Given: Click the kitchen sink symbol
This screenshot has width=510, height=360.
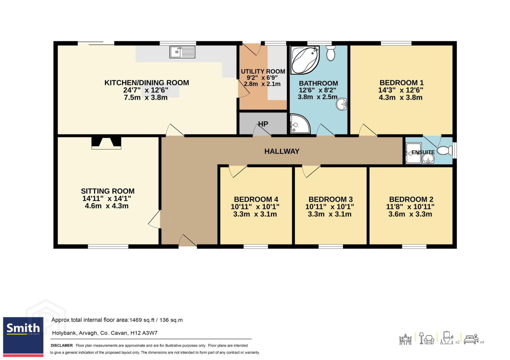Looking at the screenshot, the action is point(182,52).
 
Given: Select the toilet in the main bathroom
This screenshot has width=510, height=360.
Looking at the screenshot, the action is point(331,53).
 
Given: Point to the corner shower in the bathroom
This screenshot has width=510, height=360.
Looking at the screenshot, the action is point(300,124).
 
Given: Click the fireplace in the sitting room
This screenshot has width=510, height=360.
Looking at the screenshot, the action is point(106,143).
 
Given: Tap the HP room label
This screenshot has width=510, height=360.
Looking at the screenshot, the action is point(263,124).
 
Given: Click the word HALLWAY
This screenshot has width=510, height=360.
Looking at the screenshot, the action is point(282,151).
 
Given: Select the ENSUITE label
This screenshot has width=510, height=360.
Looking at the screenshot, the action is point(423,152).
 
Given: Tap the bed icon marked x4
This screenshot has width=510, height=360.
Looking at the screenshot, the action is point(471,340).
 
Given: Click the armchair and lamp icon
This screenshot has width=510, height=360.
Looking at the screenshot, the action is point(427,339).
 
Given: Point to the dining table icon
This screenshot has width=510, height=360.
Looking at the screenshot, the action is point(406,339).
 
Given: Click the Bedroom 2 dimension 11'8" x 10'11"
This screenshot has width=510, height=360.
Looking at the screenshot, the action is point(410,207).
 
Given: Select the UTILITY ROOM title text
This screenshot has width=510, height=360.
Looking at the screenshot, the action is point(263,71).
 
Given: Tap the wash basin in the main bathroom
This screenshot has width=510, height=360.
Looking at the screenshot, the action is point(342,104).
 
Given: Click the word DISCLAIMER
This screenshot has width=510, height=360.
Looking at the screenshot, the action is point(62,345).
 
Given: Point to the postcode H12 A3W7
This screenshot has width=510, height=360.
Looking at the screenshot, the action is point(144,333).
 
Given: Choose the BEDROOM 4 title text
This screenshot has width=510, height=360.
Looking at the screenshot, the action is point(256,199).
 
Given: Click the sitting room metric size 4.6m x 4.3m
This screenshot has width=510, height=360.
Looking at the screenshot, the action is point(106,206).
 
